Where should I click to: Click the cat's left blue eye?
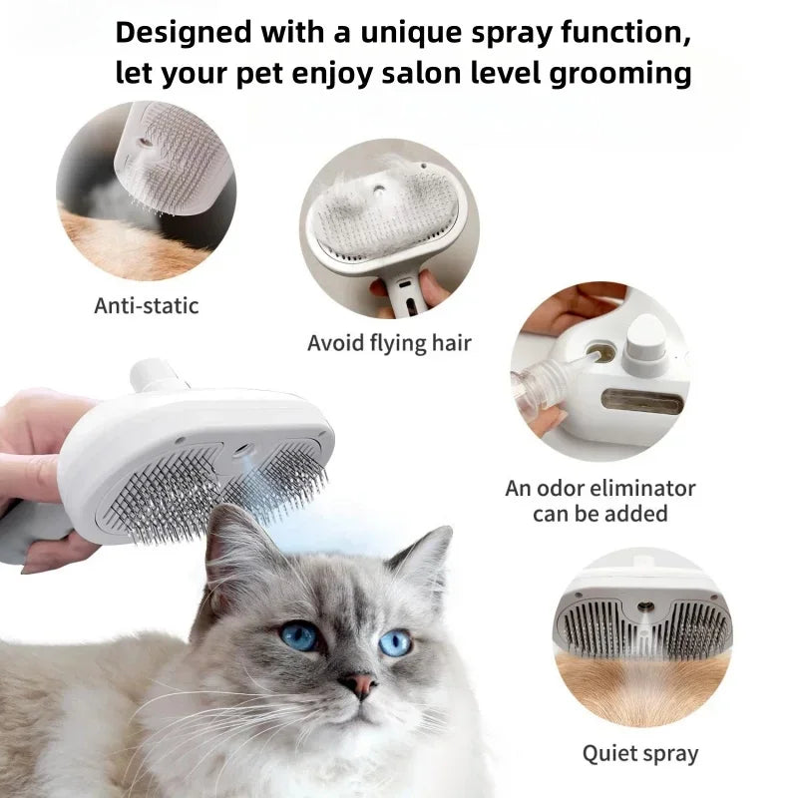click(298, 635)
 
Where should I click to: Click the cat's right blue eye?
click(395, 642)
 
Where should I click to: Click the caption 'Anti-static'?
click(147, 305)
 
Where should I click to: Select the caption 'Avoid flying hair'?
click(389, 343)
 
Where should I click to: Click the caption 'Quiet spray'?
click(640, 752)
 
